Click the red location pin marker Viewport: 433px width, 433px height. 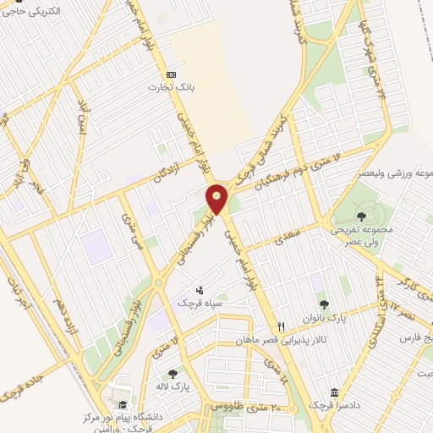coord(217,199)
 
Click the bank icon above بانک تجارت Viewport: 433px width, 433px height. coord(172,73)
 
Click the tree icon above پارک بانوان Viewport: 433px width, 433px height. coord(323,304)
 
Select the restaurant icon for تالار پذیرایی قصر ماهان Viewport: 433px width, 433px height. coord(282,326)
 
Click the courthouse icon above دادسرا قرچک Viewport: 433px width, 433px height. coord(335,394)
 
